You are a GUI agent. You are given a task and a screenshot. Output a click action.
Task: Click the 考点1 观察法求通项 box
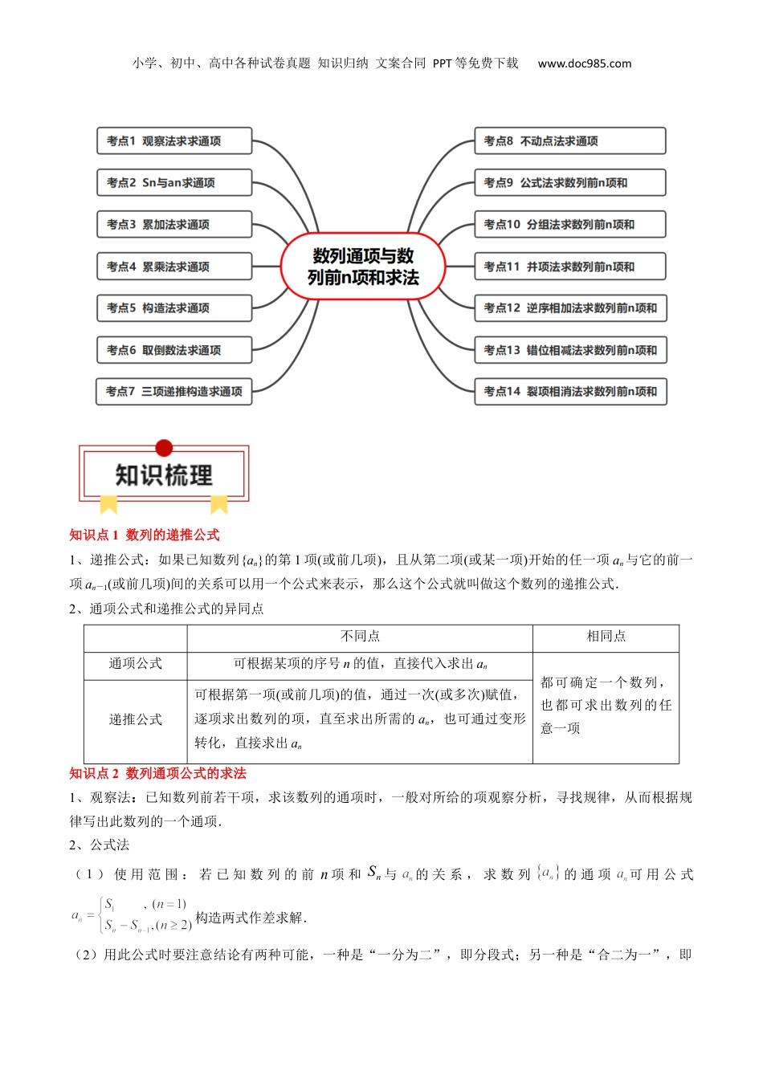click(x=174, y=141)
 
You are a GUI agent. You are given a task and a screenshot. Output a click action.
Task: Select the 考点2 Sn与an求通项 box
click(x=174, y=183)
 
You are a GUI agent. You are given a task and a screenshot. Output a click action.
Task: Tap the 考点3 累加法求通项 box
click(x=174, y=225)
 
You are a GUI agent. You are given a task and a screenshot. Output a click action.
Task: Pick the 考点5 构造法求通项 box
click(x=174, y=308)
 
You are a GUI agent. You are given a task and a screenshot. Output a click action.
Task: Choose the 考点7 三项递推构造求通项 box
click(x=174, y=392)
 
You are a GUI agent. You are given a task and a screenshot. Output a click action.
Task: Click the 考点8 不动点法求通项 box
click(x=569, y=141)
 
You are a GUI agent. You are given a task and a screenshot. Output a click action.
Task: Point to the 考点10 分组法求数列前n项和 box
click(x=569, y=225)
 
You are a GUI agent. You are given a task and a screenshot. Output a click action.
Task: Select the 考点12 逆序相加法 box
click(x=569, y=308)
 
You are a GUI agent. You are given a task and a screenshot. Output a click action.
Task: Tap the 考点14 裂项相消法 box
click(x=569, y=392)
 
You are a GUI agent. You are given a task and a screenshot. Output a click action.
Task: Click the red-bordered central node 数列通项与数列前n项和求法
click(x=363, y=267)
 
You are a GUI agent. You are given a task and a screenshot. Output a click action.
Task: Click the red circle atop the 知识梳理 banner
click(x=164, y=448)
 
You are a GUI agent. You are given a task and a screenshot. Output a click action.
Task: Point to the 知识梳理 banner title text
click(x=164, y=475)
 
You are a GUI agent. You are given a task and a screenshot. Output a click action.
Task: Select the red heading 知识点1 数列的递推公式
click(x=145, y=535)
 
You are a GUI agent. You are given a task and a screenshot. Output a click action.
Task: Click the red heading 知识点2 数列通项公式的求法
click(x=158, y=774)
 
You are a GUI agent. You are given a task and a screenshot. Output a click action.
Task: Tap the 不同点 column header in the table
click(x=360, y=637)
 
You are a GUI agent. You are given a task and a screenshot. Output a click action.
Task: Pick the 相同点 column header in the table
click(x=606, y=637)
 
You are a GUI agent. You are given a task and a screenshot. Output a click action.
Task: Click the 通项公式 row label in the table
click(x=136, y=664)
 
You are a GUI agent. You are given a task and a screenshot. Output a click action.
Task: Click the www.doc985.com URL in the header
click(x=585, y=63)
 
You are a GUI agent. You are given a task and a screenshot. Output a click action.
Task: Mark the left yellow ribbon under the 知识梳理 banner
click(x=108, y=504)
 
